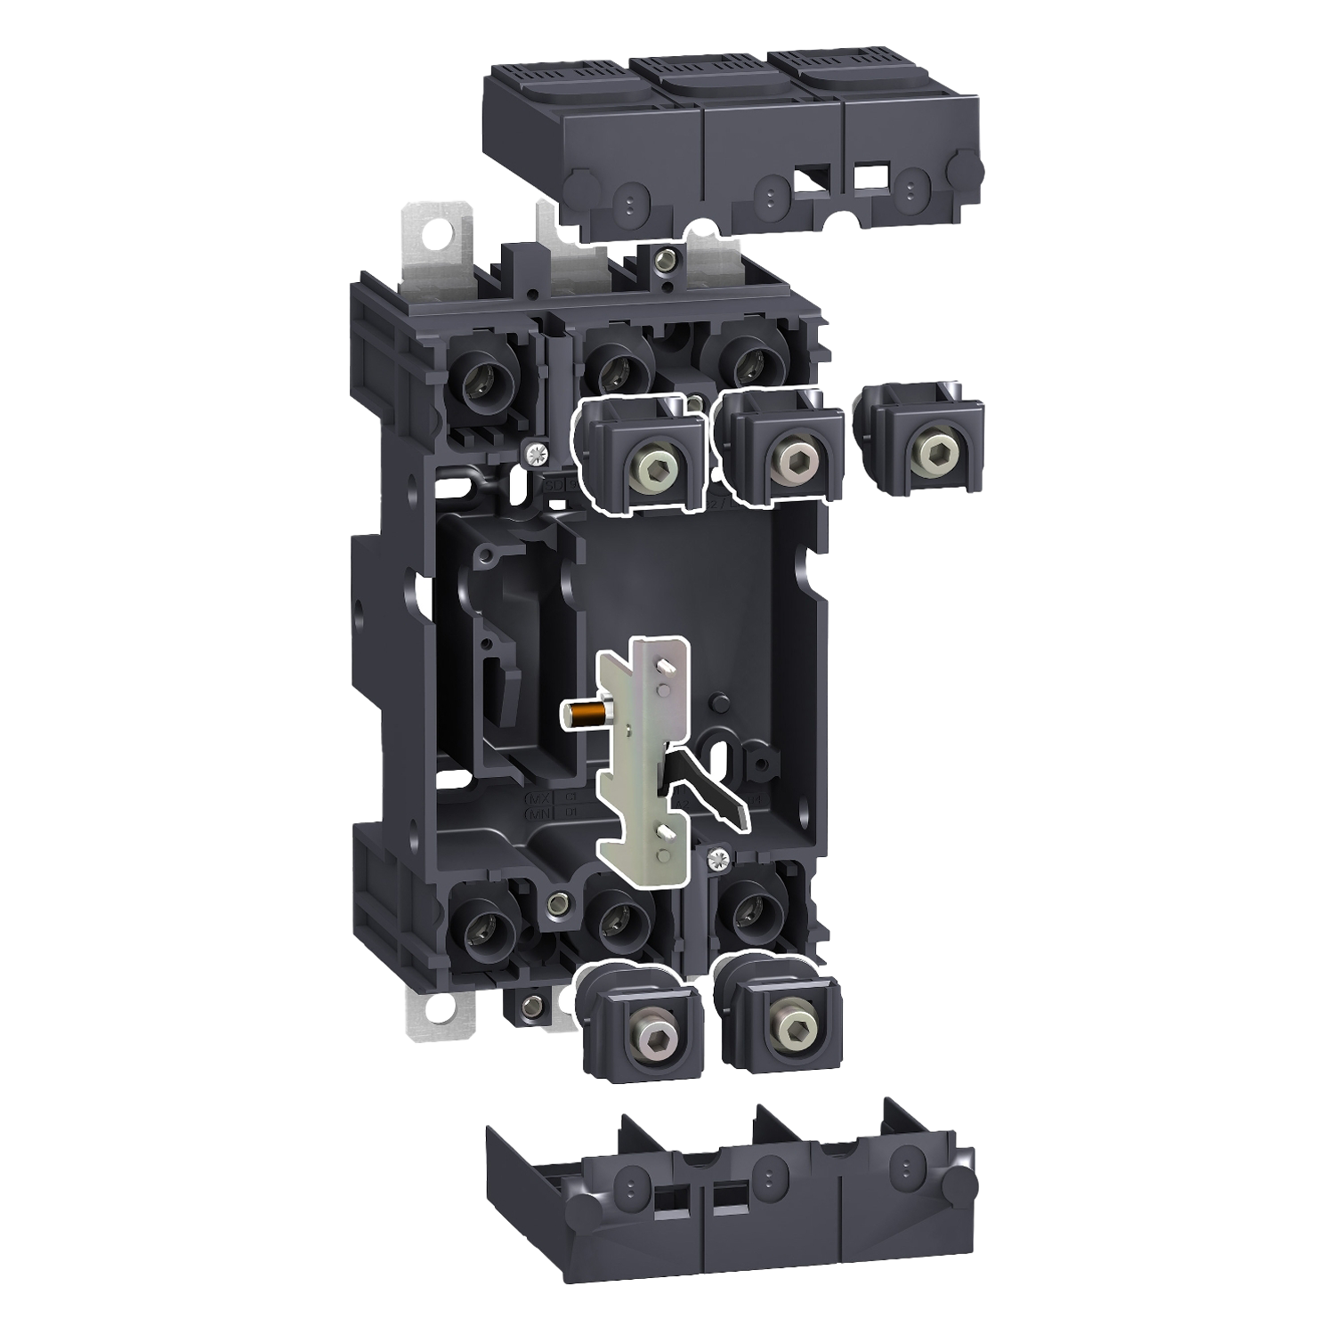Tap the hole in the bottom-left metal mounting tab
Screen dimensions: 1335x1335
(x=440, y=1009)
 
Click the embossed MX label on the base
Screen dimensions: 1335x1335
(x=540, y=797)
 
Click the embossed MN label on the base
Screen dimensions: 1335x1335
(x=540, y=813)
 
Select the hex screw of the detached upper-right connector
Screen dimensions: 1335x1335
(x=934, y=455)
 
